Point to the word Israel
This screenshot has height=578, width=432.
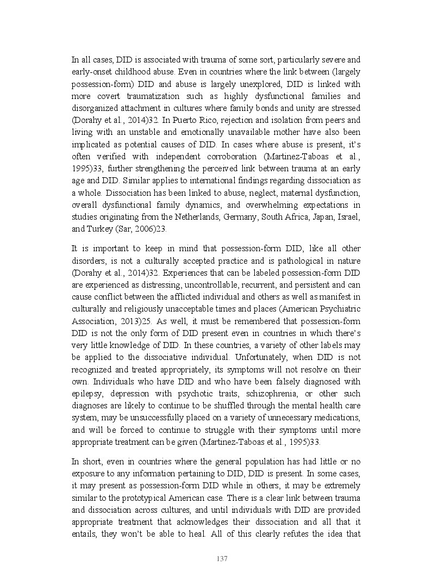[349, 217]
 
